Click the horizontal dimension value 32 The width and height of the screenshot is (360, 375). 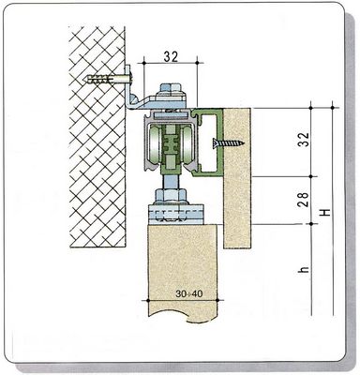[171, 56]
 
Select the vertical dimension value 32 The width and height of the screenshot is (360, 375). [304, 140]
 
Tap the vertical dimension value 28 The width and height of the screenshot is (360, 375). [304, 199]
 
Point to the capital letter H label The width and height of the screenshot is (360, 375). [326, 213]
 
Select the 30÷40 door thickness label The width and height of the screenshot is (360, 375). [189, 293]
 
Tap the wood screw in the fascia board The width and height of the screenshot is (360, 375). [229, 143]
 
